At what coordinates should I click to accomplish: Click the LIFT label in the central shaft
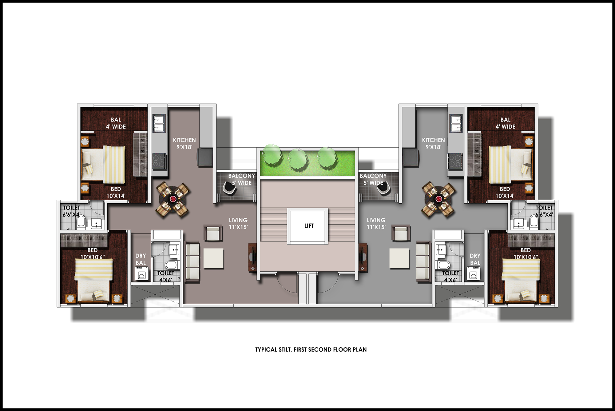tap(309, 226)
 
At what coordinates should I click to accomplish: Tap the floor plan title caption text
tap(311, 349)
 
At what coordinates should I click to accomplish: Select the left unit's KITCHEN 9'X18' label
tap(184, 143)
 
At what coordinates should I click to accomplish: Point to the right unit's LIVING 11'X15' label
tap(376, 224)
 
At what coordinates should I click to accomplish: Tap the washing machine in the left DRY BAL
tap(142, 273)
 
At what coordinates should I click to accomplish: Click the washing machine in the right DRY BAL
tap(474, 273)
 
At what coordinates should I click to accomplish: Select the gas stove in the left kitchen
tap(159, 161)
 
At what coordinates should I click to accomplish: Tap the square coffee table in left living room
tap(213, 258)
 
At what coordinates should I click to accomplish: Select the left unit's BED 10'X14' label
tap(116, 192)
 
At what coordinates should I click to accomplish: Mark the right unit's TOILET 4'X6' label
tap(450, 277)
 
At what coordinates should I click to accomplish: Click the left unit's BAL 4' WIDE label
tap(116, 123)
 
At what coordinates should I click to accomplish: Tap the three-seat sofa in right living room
tap(423, 261)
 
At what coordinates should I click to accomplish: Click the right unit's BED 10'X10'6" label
tap(526, 253)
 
